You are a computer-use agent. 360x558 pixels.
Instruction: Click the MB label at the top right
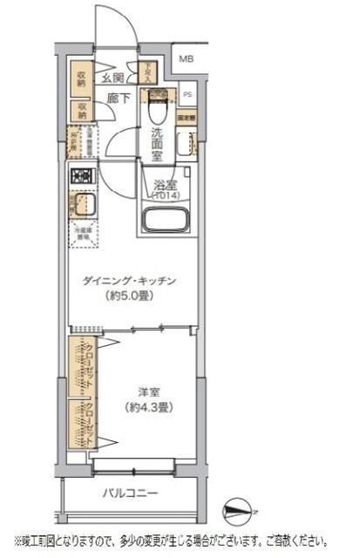click(187, 59)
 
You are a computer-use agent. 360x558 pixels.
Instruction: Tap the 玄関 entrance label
click(112, 78)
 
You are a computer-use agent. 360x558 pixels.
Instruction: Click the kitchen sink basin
click(84, 208)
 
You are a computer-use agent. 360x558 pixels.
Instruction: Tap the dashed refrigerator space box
click(83, 234)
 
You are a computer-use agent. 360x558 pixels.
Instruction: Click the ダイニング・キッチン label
click(131, 281)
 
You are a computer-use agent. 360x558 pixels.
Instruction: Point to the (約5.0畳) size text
click(131, 296)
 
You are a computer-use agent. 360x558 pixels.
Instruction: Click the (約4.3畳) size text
click(146, 407)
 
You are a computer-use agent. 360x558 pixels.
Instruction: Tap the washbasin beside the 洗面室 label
click(184, 145)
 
